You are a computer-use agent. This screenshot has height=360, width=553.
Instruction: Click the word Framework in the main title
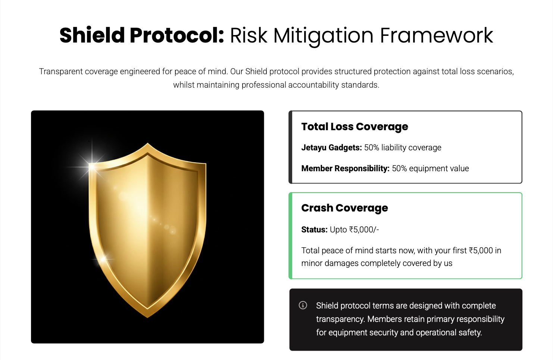pyautogui.click(x=437, y=35)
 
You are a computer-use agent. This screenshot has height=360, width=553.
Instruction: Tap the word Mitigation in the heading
pyautogui.click(x=324, y=37)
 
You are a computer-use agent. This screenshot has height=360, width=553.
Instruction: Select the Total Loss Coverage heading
pyautogui.click(x=354, y=126)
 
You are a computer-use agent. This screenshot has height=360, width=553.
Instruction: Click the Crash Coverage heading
pyautogui.click(x=344, y=208)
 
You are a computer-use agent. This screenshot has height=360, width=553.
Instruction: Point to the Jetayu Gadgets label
pyautogui.click(x=332, y=148)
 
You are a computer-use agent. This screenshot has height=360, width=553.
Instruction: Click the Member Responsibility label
pyautogui.click(x=346, y=168)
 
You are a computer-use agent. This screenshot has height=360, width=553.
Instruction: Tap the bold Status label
pyautogui.click(x=314, y=229)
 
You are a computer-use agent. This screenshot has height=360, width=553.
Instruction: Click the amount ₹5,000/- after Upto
pyautogui.click(x=364, y=230)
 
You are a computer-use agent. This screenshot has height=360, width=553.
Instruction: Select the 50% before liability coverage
pyautogui.click(x=372, y=148)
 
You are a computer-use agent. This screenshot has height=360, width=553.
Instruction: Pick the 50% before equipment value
pyautogui.click(x=399, y=168)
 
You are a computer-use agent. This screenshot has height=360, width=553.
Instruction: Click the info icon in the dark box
pyautogui.click(x=303, y=305)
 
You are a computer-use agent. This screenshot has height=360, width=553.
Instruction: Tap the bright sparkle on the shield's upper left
pyautogui.click(x=92, y=167)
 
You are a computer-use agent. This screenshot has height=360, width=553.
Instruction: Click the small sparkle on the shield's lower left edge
pyautogui.click(x=103, y=259)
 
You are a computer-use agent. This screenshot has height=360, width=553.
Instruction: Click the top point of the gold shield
pyautogui.click(x=148, y=143)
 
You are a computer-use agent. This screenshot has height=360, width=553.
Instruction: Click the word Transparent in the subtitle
pyautogui.click(x=61, y=72)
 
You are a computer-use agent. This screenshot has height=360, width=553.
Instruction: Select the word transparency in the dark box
pyautogui.click(x=340, y=319)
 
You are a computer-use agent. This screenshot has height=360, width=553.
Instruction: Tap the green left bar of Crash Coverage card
pyautogui.click(x=291, y=236)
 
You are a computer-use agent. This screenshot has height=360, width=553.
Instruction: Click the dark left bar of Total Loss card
pyautogui.click(x=291, y=147)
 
